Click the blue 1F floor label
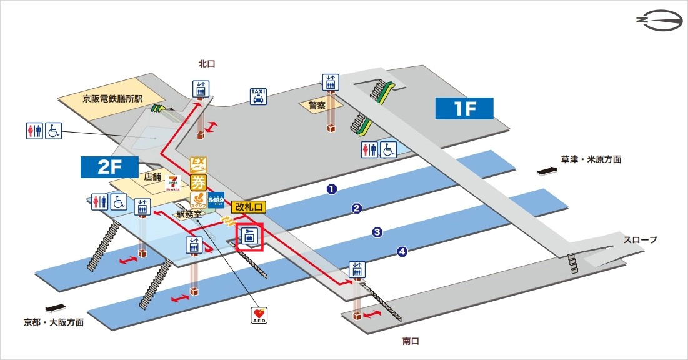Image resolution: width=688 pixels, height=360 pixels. pos(464,108)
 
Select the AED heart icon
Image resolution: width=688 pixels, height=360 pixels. pos(259,314)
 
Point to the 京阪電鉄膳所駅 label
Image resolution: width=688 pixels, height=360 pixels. pos(112,99)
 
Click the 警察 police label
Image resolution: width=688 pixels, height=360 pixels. pos(317,106)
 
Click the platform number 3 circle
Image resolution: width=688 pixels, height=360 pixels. pos(377,232)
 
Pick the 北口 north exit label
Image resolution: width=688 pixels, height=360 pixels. pos(207,63)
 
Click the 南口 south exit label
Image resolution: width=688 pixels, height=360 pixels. pos(411,341)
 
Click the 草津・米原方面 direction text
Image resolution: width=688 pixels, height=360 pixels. pos(591,159)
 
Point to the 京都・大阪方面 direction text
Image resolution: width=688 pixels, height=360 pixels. pos(54,323)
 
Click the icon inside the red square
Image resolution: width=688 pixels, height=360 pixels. pos(249,238)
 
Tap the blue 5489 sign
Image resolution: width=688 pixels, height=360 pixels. pos(216,199)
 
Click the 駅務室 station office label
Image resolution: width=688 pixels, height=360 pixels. pos(189,214)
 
